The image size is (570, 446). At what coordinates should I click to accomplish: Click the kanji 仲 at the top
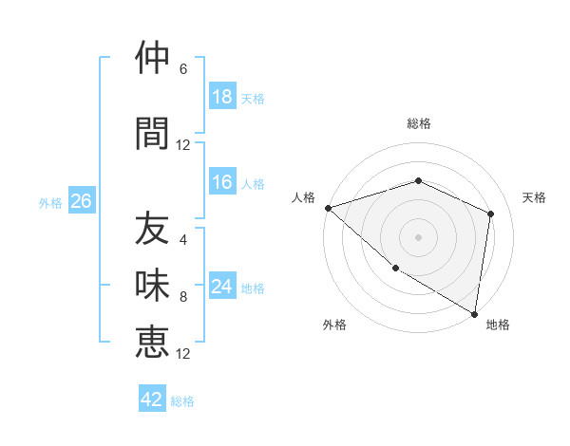[x=152, y=59]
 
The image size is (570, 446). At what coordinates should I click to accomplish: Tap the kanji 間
[x=152, y=135]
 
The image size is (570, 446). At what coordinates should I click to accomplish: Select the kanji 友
[x=152, y=229]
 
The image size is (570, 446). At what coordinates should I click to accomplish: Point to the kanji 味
[x=152, y=286]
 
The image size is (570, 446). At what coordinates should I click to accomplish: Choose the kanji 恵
[x=152, y=342]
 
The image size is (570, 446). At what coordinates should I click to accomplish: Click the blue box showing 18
[x=222, y=97]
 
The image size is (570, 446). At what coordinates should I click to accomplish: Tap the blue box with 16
[x=222, y=183]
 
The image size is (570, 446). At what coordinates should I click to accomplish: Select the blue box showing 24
[x=222, y=288]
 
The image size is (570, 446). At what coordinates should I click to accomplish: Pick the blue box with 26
[x=81, y=201]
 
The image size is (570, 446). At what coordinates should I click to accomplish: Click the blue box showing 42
[x=152, y=400]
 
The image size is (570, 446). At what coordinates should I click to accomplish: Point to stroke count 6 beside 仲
[x=183, y=69]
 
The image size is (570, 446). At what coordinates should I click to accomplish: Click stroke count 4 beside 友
[x=183, y=239]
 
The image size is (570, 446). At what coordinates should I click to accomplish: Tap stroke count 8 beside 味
[x=183, y=297]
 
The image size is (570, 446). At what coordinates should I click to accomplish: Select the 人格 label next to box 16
[x=253, y=184]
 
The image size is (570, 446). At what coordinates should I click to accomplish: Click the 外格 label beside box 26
[x=50, y=202]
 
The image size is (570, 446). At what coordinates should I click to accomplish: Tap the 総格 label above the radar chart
[x=419, y=123]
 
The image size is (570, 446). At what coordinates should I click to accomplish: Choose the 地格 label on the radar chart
[x=498, y=325]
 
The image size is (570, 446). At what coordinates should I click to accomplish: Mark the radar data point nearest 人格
[x=328, y=208]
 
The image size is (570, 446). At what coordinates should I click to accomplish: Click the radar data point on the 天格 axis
[x=491, y=214]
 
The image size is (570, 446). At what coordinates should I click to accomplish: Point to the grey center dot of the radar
[x=419, y=236]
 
